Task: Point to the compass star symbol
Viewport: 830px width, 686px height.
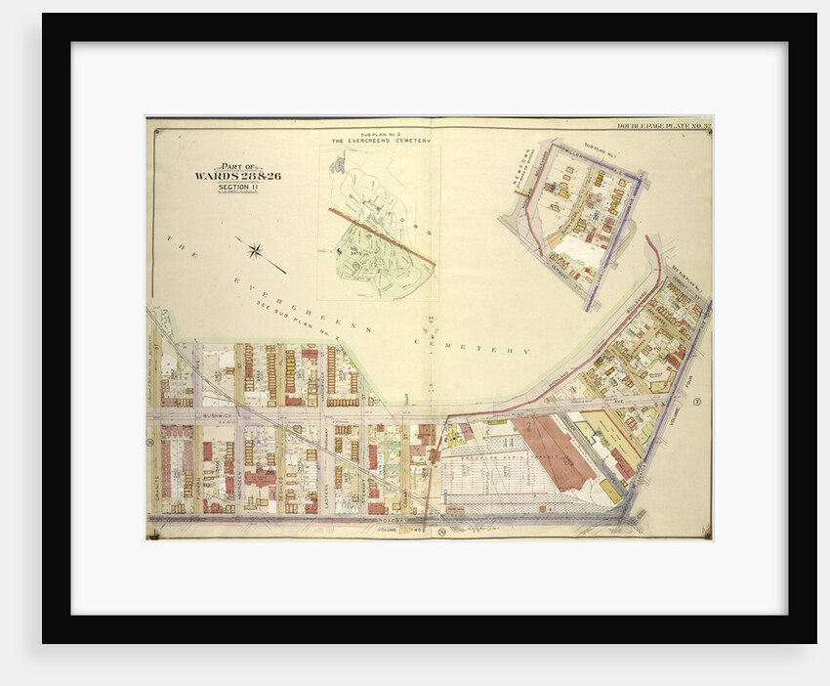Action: [255, 251]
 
